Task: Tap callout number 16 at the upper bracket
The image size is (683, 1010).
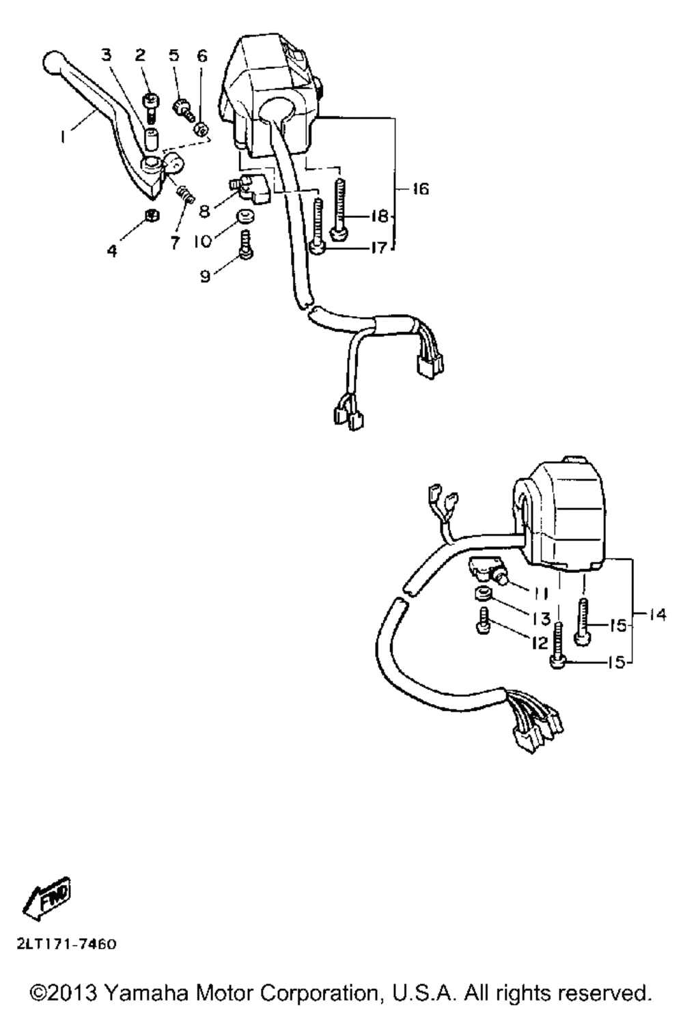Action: point(419,188)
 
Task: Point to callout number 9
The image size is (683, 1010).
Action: point(205,276)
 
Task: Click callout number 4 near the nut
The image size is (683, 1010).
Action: point(112,250)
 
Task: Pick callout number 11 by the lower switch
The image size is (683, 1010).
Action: point(541,593)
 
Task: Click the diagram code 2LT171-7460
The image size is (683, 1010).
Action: point(66,944)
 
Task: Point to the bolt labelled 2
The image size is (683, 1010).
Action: point(149,107)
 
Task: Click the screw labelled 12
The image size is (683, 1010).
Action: point(484,621)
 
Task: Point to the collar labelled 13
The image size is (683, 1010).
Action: point(482,594)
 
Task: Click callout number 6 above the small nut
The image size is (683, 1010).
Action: point(202,56)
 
